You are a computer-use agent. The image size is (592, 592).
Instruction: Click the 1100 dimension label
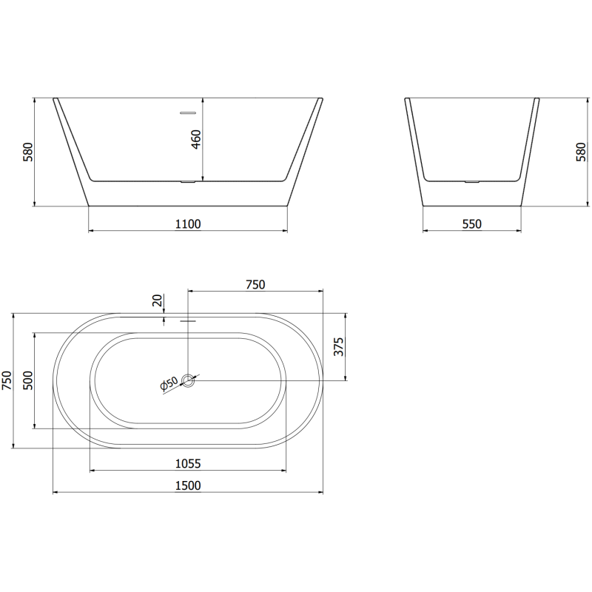pyautogui.click(x=188, y=223)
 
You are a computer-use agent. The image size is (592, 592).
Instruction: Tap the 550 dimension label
pyautogui.click(x=471, y=223)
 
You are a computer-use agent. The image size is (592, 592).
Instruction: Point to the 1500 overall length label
pyautogui.click(x=188, y=485)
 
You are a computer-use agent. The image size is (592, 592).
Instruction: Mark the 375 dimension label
pyautogui.click(x=339, y=346)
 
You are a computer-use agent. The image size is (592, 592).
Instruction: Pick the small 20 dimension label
pyautogui.click(x=157, y=300)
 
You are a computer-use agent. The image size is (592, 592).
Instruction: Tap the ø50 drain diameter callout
pyautogui.click(x=169, y=383)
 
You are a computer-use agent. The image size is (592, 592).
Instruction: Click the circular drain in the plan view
pyautogui.click(x=189, y=380)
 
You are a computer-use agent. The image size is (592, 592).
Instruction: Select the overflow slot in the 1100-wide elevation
pyautogui.click(x=188, y=113)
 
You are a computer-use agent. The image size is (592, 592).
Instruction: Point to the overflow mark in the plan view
pyautogui.click(x=188, y=321)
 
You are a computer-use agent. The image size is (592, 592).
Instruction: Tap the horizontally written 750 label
pyautogui.click(x=255, y=284)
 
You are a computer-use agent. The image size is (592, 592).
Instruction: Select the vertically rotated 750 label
pyautogui.click(x=7, y=380)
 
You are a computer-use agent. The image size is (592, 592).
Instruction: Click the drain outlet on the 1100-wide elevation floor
pyautogui.click(x=188, y=180)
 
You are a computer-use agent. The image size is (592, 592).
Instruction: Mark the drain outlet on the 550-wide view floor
pyautogui.click(x=471, y=180)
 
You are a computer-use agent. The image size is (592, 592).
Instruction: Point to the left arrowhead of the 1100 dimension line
pyautogui.click(x=91, y=231)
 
